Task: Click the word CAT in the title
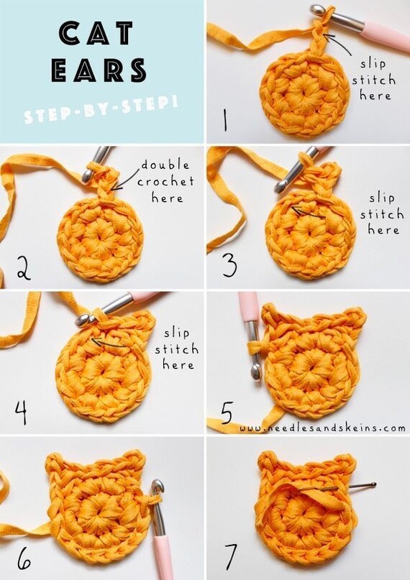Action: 96,33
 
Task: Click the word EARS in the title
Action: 99,70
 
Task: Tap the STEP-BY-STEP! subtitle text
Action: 101,109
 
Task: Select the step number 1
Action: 225,120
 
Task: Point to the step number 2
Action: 24,269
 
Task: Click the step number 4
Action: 21,413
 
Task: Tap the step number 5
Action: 227,413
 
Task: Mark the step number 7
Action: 231,556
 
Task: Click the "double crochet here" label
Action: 165,181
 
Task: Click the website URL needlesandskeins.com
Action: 322,428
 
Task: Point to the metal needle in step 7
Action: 337,487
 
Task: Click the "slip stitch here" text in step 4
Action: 176,349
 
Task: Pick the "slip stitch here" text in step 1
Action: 373,80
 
